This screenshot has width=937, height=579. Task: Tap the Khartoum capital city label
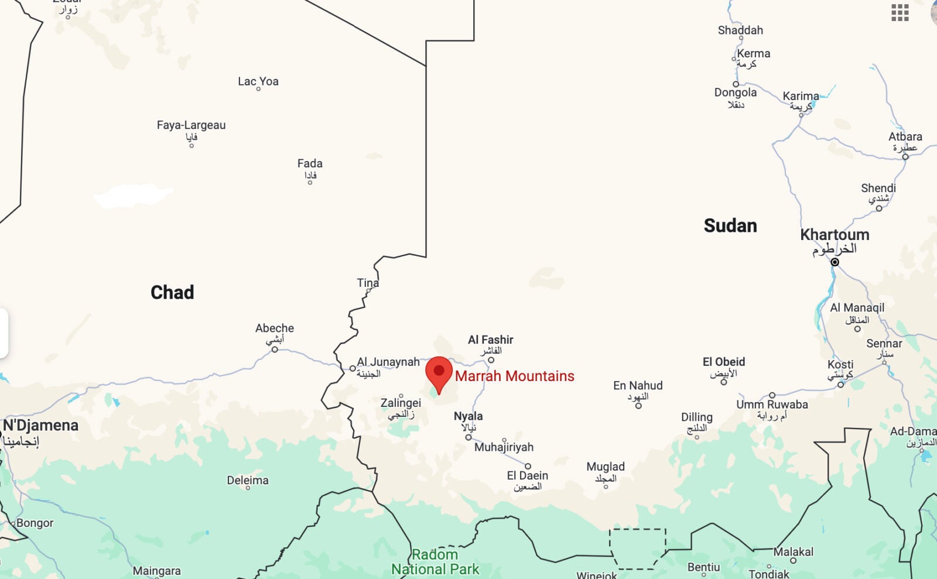(835, 235)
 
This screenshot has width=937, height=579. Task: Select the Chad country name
(172, 292)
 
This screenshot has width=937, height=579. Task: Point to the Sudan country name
(730, 225)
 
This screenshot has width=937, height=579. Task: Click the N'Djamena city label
(40, 425)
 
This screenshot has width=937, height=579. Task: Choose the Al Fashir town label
(490, 340)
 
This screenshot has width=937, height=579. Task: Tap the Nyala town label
(468, 416)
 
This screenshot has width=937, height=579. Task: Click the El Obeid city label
(724, 362)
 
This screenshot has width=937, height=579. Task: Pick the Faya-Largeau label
(191, 125)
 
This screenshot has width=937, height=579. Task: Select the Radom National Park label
(435, 561)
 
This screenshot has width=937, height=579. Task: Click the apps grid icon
(900, 12)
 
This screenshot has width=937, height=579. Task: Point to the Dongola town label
(735, 92)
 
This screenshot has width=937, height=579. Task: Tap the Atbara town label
(905, 136)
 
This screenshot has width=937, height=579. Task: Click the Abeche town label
(275, 328)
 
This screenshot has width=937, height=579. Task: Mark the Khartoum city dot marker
(835, 262)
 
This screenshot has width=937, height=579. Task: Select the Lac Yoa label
(258, 81)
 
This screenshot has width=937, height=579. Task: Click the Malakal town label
(793, 551)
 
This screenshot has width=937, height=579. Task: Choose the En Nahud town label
(638, 385)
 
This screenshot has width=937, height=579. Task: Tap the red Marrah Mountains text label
(514, 376)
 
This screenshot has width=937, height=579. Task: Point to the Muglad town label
(606, 467)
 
